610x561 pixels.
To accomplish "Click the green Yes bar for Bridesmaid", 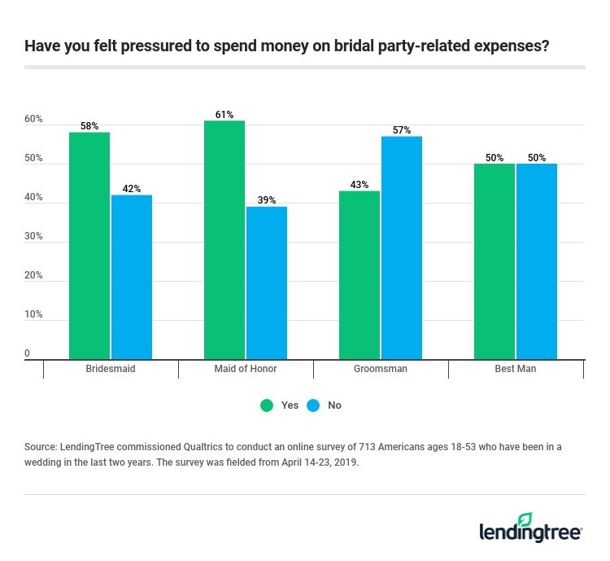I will [x=89, y=244].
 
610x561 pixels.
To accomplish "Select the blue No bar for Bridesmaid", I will [x=132, y=277].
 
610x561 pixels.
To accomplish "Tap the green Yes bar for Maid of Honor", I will [x=224, y=239].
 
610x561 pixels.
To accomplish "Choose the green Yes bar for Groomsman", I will [x=359, y=274].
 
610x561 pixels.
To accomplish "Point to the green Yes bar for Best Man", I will [x=495, y=261].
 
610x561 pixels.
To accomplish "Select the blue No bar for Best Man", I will [x=537, y=261].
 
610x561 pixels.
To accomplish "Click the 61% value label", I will [x=224, y=115].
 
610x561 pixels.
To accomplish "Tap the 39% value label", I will [x=267, y=200].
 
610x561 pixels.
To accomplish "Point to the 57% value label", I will [x=402, y=130].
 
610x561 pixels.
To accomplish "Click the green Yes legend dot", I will [x=266, y=405].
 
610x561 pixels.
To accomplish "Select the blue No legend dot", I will [x=313, y=405].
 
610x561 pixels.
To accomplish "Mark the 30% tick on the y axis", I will [x=33, y=236].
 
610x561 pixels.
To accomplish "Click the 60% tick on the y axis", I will [x=33, y=119].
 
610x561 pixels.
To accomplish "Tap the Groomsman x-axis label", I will [x=381, y=369].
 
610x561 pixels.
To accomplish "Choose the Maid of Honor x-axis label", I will [x=246, y=369].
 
